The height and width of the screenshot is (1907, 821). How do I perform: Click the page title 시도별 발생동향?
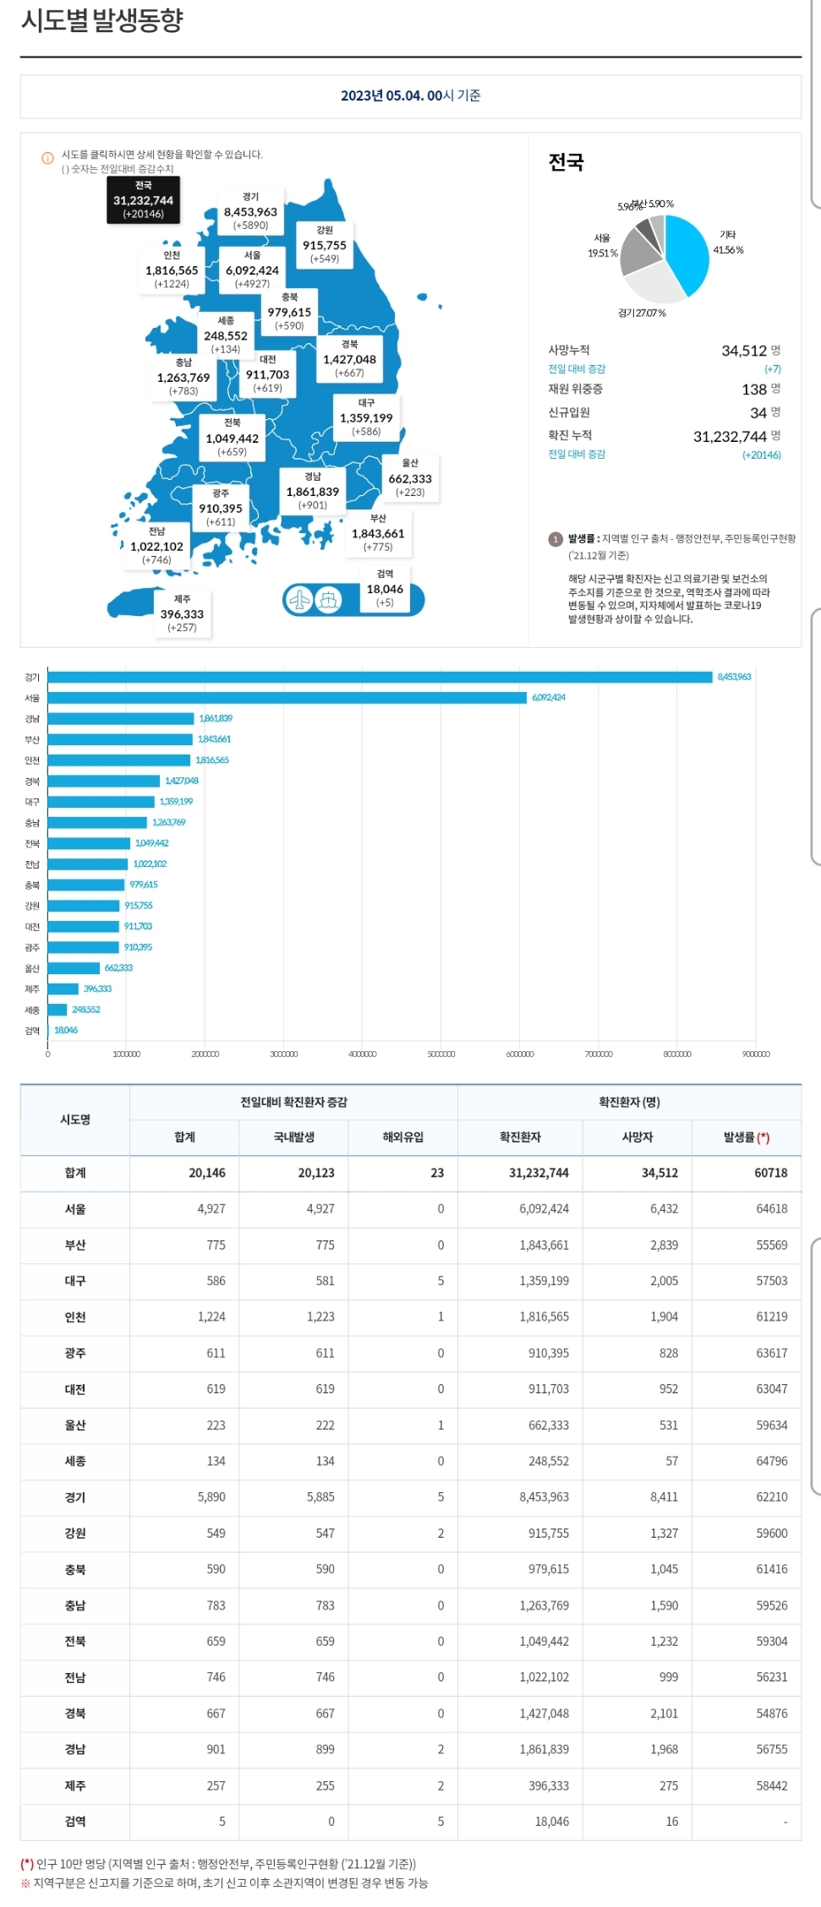(101, 20)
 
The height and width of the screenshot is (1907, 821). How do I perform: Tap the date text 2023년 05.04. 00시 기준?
(410, 95)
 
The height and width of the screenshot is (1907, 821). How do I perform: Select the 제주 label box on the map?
(182, 613)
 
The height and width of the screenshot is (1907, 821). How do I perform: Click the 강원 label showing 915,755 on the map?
(325, 244)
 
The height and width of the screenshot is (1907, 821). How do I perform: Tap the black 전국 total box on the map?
(143, 200)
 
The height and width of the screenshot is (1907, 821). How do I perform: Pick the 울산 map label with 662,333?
(410, 477)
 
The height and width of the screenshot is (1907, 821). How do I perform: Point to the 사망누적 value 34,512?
(743, 351)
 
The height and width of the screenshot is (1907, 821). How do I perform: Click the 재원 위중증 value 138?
(753, 390)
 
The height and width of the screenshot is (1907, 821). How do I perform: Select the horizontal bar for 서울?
(287, 698)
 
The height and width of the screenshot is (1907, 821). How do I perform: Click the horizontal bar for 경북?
(104, 781)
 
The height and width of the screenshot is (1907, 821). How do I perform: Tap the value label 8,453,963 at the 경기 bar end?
(734, 677)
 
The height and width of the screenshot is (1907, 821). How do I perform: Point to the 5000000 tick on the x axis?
(441, 1054)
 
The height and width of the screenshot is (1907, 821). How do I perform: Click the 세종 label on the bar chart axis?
(32, 1010)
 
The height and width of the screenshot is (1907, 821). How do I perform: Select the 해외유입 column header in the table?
(402, 1137)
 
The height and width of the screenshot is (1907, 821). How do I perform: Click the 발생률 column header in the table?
(746, 1137)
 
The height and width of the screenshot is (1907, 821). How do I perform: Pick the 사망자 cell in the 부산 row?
(664, 1245)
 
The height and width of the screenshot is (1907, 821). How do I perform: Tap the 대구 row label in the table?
(75, 1281)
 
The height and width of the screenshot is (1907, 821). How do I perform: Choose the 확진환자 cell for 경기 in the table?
(544, 1496)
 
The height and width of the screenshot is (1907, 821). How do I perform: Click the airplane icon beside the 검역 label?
(300, 600)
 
